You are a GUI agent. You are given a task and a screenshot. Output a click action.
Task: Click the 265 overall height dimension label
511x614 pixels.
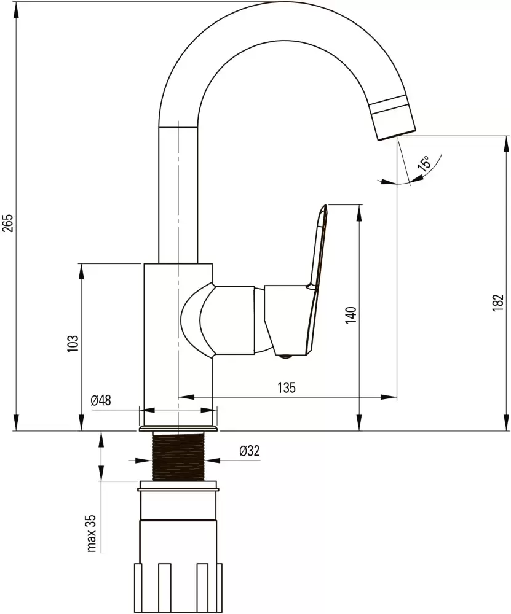pyautogui.click(x=9, y=222)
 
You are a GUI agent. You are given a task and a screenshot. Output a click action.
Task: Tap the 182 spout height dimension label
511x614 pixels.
pyautogui.click(x=497, y=302)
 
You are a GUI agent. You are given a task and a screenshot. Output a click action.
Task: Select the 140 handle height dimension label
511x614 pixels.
pyautogui.click(x=351, y=315)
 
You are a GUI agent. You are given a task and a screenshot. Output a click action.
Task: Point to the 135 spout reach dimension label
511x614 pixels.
pyautogui.click(x=287, y=387)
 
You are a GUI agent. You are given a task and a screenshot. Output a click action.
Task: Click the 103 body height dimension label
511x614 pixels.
pyautogui.click(x=74, y=343)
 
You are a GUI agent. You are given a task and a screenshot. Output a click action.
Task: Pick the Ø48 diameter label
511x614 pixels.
pyautogui.click(x=101, y=400)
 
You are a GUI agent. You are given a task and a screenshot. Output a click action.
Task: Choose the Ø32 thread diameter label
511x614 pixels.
pyautogui.click(x=250, y=451)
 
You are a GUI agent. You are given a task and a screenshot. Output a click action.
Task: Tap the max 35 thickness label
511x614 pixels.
pyautogui.click(x=91, y=534)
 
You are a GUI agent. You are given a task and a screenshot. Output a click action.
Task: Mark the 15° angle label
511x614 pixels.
pyautogui.click(x=424, y=163)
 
